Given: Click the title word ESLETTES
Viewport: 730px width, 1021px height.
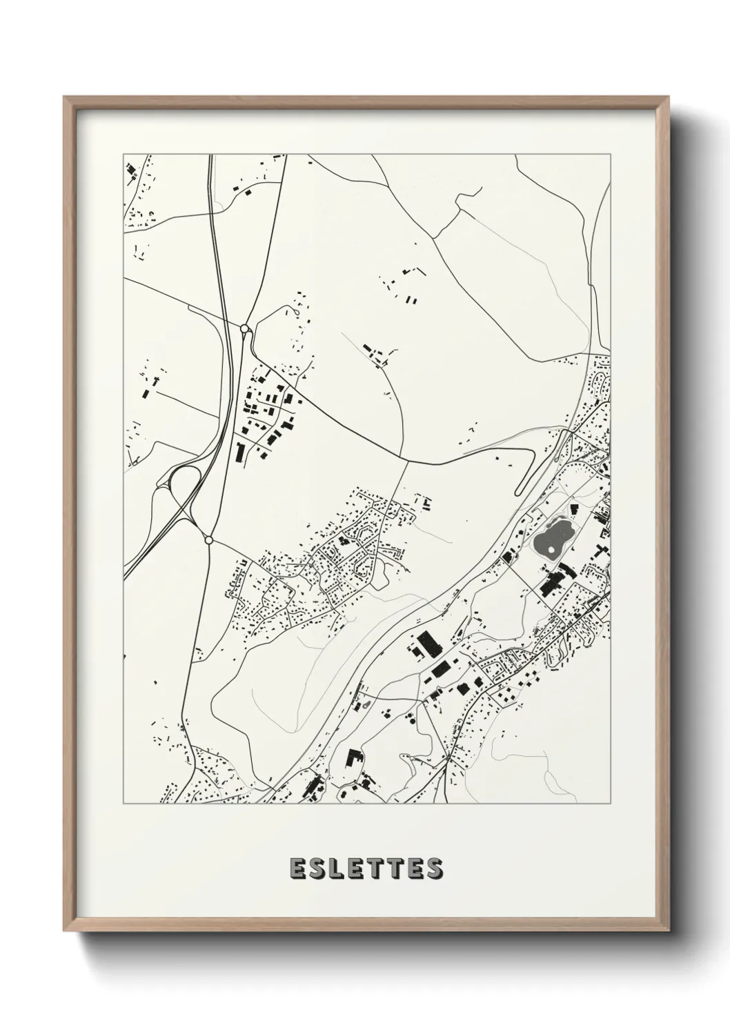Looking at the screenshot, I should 366,869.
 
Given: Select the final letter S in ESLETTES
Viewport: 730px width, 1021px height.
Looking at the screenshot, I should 434,869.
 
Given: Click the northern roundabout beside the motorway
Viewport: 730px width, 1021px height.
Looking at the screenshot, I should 244,329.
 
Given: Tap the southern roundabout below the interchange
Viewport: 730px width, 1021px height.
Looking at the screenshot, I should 208,539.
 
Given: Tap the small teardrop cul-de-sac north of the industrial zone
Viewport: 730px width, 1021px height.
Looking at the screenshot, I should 297,310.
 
